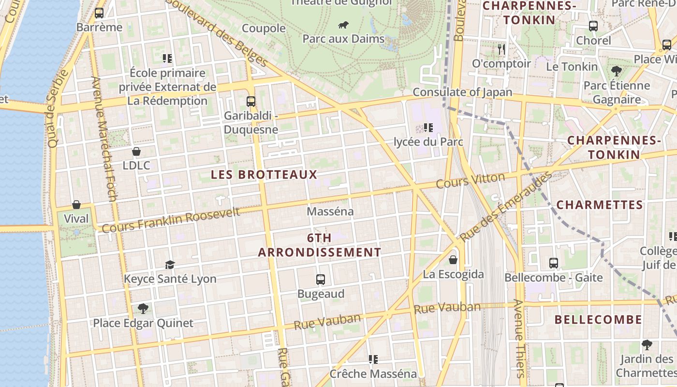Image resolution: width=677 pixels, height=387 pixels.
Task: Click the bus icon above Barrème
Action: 99,13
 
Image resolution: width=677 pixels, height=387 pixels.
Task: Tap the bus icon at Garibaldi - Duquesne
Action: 251,102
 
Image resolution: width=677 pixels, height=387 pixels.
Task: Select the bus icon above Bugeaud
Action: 321,280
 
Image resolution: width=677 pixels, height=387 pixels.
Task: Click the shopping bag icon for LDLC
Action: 136,151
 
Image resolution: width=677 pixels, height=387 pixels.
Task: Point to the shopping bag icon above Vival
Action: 76,205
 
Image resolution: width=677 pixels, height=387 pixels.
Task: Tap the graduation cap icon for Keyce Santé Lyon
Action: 170,265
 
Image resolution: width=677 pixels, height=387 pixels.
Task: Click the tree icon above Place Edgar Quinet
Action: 143,308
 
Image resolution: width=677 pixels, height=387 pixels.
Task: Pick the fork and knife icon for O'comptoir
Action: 501,49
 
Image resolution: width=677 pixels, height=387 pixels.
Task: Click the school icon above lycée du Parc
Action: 428,128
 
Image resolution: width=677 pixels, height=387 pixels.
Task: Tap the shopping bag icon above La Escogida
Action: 453,260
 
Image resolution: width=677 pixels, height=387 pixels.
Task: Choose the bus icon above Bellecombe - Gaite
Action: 554,263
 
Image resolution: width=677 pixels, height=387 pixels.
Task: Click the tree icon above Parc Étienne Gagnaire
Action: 617,71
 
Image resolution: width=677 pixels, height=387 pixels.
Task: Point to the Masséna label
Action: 330,211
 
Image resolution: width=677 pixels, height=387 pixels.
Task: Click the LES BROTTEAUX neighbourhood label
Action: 264,175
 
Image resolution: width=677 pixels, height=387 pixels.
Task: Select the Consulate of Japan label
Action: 462,92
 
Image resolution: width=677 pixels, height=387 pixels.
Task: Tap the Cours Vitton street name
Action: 470,181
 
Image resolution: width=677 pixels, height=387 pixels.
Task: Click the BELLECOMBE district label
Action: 598,320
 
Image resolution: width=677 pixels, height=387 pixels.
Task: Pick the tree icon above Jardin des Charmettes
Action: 647,345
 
